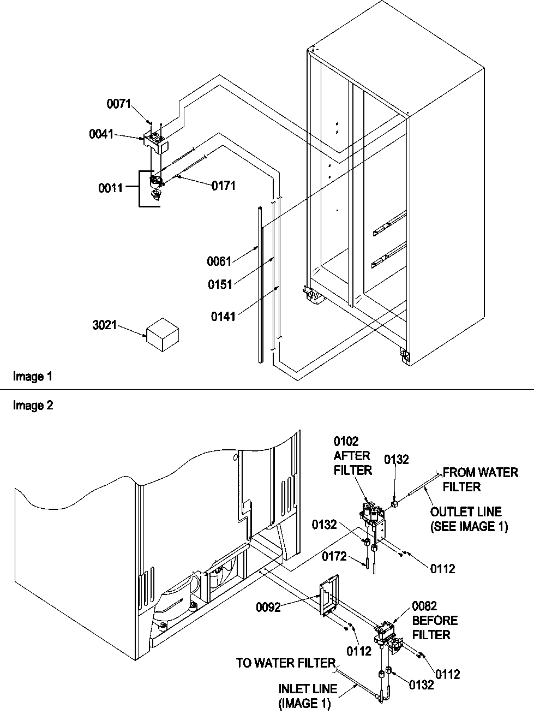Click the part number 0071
118,103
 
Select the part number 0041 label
101,134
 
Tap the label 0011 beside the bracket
110,188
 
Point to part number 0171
224,186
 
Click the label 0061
219,261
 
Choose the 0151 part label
219,284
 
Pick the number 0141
223,316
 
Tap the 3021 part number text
105,325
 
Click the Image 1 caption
33,376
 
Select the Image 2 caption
33,406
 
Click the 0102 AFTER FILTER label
352,455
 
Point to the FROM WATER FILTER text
480,479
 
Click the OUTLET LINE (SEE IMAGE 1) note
469,519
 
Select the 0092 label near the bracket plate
268,607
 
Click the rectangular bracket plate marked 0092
328,595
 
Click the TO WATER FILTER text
285,663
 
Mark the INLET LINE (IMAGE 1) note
308,697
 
